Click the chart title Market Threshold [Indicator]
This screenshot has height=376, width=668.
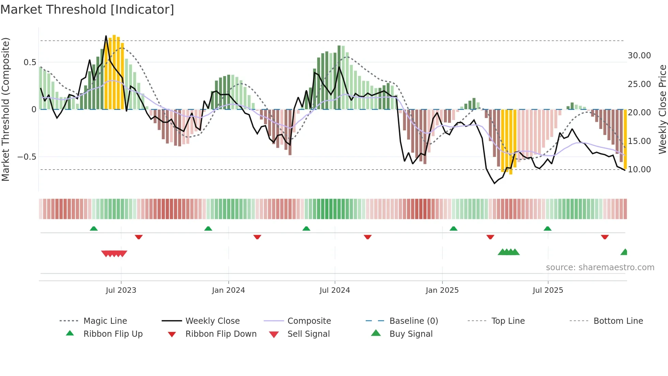tap(87, 10)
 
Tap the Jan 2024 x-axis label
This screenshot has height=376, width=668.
tap(228, 290)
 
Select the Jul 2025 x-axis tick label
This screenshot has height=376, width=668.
tap(548, 290)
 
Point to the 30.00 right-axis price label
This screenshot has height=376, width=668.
tap(639, 56)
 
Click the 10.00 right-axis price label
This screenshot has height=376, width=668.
tap(639, 170)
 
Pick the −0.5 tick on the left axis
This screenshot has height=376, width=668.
tap(27, 157)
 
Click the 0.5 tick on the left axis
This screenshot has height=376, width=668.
tap(30, 62)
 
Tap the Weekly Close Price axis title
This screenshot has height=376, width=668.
tap(662, 109)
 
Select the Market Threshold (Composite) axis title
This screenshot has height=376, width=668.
tap(5, 109)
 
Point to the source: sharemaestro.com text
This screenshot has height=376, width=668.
tap(600, 267)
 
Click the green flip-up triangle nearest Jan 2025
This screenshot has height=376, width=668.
tap(453, 229)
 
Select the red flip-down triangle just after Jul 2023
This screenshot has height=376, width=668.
tap(138, 237)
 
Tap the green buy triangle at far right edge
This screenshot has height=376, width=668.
tap(624, 252)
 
